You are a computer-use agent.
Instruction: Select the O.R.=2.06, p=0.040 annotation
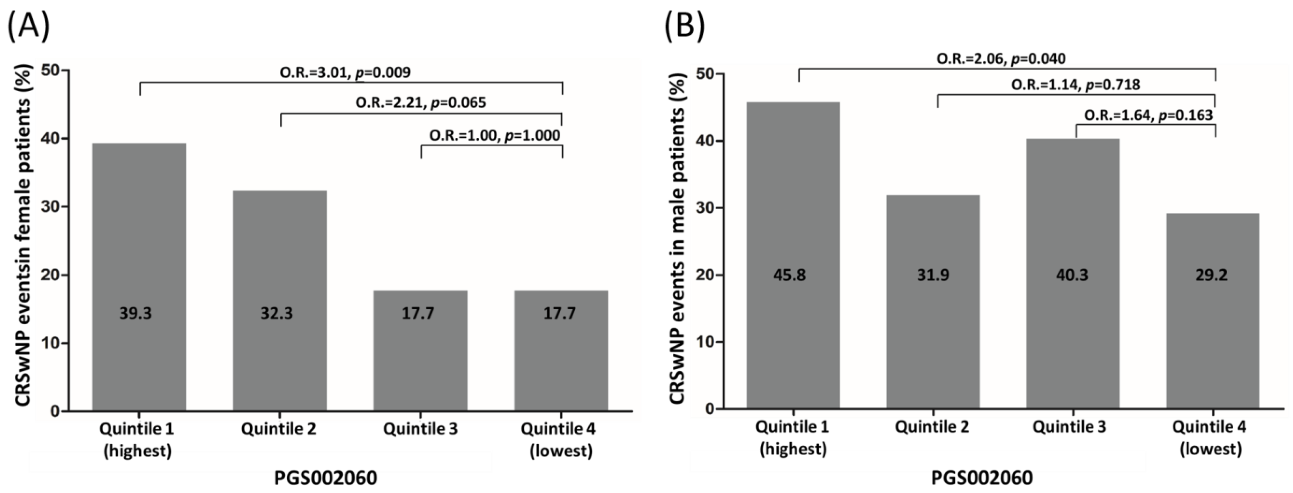pos(1001,59)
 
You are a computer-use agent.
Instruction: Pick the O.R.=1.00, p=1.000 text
pos(494,135)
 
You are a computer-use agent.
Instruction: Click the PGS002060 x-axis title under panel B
pos(982,478)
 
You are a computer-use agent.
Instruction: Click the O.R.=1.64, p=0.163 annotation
pos(1148,116)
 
